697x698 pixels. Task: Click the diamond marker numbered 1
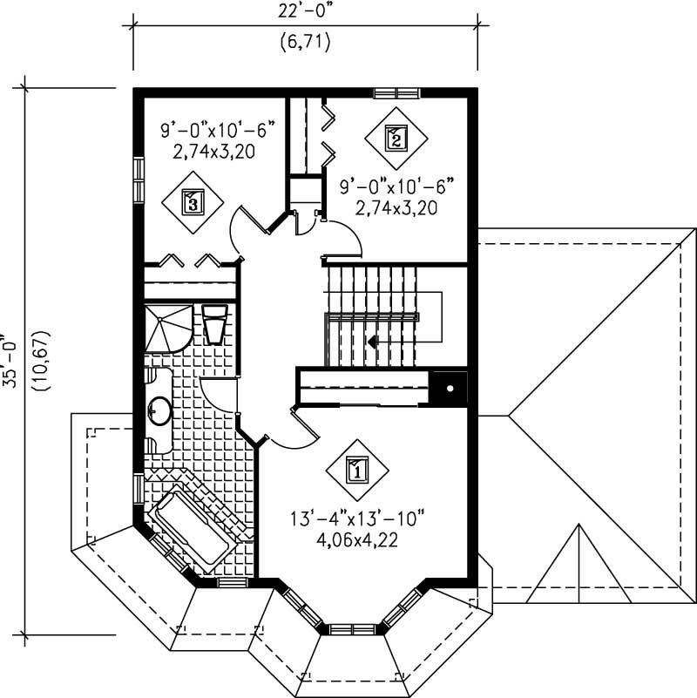[356, 470]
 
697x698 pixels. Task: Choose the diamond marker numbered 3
[193, 202]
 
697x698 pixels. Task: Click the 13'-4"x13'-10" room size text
[356, 520]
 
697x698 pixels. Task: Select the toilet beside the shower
[213, 322]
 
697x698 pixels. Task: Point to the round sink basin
[159, 410]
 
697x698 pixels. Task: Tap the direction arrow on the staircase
[373, 342]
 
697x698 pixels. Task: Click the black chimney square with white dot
[450, 389]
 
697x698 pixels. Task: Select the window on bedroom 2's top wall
[396, 92]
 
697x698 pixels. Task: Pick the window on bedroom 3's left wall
[138, 180]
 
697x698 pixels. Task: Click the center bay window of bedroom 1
[352, 628]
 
